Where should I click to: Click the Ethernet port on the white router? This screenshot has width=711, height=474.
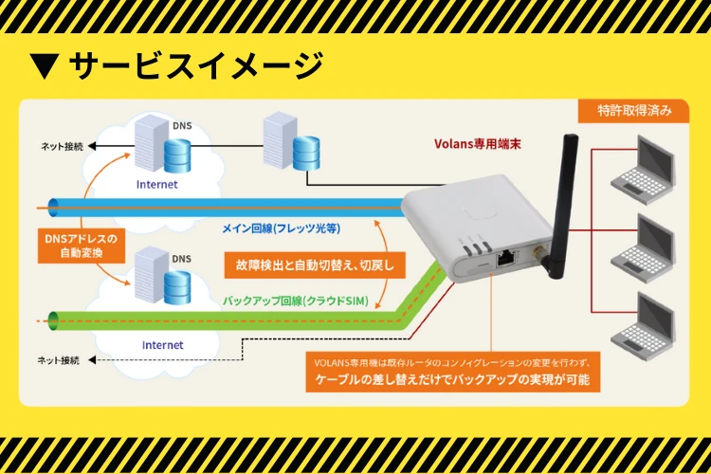point(506,256)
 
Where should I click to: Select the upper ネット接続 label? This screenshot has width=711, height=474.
point(61,147)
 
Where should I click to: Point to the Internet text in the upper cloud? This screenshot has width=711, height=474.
point(156,184)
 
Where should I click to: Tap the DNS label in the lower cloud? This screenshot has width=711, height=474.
point(181,259)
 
